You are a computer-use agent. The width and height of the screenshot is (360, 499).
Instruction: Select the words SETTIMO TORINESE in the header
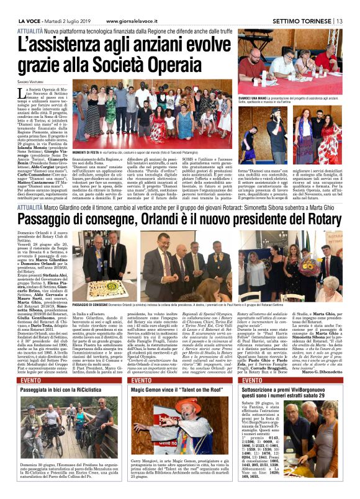(x=304, y=5)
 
